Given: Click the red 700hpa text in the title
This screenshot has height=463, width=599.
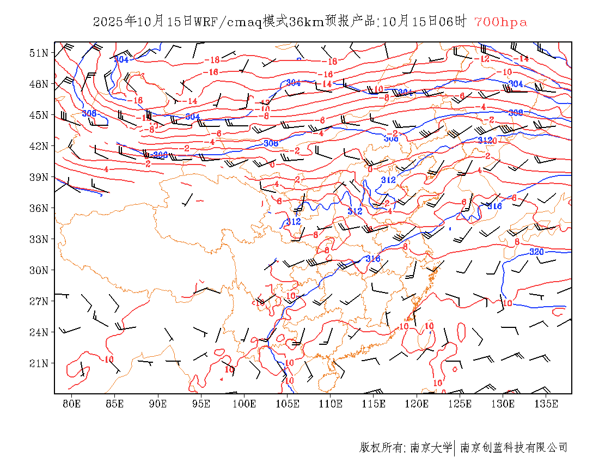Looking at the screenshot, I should pos(500,22).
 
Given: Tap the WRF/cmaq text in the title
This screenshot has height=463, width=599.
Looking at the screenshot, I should pos(228,22).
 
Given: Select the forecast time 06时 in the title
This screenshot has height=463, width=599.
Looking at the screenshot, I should pos(454,22).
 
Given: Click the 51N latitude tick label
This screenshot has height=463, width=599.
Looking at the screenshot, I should pos(39,53).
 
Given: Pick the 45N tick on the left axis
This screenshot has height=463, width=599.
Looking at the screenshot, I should pos(39,115).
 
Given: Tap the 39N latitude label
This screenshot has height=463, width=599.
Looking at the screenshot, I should pos(39,177).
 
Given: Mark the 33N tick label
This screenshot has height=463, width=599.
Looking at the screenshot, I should pos(39,239).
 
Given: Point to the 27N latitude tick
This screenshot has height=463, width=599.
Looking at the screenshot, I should pos(39,301).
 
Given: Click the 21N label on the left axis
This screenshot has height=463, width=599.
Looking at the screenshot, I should pos(39,363).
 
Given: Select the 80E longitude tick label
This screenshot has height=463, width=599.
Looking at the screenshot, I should pos(71,404).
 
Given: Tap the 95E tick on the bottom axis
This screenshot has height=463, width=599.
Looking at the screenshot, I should pos(201,404).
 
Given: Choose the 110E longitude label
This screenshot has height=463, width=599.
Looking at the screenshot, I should pos(331,404).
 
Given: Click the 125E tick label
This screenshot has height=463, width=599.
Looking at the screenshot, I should pos(460,404).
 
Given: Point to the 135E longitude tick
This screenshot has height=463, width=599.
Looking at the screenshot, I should pos(546,404).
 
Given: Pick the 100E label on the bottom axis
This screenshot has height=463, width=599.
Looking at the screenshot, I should pos(244,404).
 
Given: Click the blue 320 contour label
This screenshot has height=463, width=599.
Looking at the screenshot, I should pos(537,252).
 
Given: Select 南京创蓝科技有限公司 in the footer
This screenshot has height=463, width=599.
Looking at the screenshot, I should pos(514,448).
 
